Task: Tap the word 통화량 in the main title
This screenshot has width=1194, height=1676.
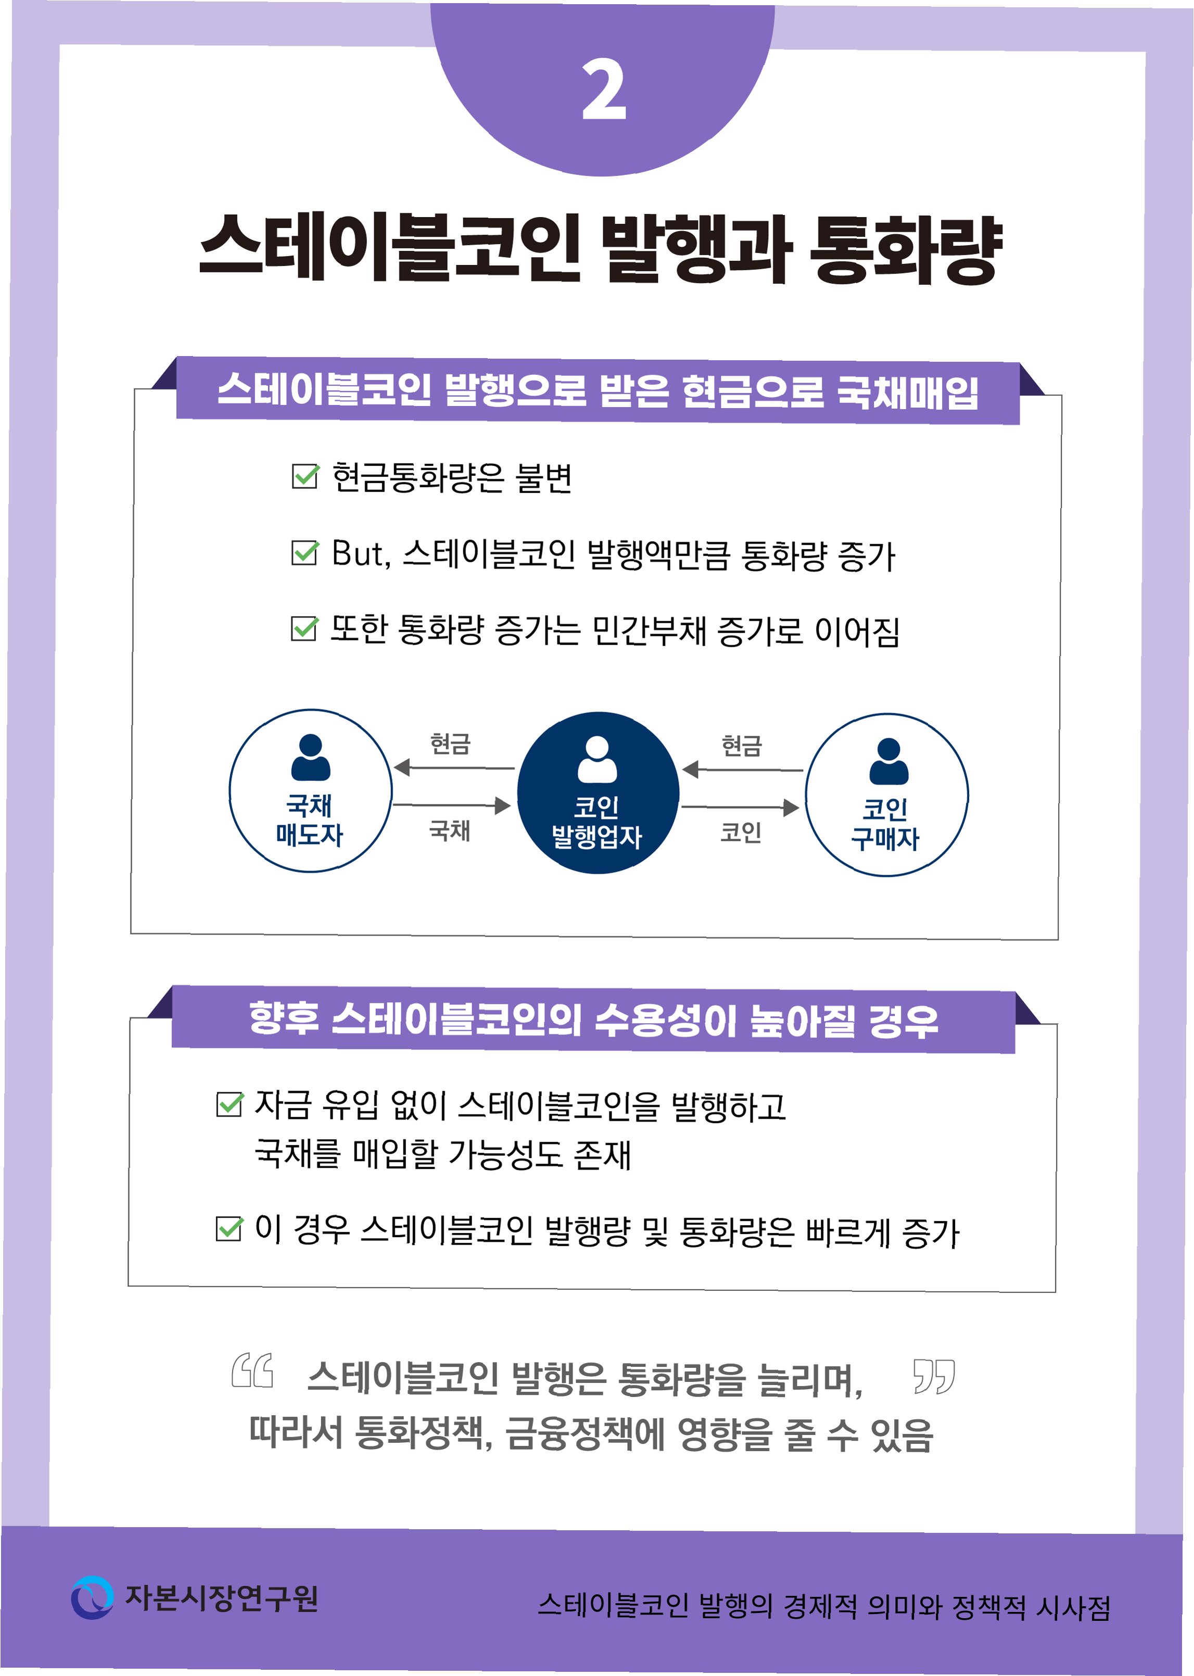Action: pyautogui.click(x=905, y=248)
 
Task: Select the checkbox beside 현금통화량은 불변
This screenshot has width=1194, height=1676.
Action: pyautogui.click(x=305, y=476)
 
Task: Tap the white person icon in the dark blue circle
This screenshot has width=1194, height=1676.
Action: pyautogui.click(x=597, y=759)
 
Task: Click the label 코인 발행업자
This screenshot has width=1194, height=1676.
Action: pyautogui.click(x=596, y=822)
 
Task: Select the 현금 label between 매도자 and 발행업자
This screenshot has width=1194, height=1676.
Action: pyautogui.click(x=450, y=744)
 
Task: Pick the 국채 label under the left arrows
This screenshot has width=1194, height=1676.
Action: pyautogui.click(x=449, y=830)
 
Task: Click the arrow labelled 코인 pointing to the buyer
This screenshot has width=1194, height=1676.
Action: pyautogui.click(x=740, y=808)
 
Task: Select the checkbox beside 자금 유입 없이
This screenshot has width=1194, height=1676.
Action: pyautogui.click(x=230, y=1104)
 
